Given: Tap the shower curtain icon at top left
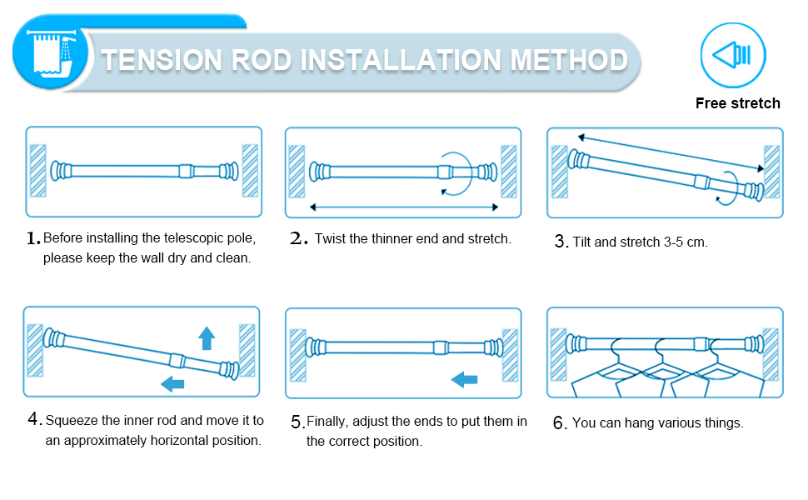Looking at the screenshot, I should tap(50, 52).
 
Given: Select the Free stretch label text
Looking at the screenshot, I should tap(738, 103).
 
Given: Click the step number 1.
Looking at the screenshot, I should tap(32, 238).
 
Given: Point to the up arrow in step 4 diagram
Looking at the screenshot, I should tap(207, 337).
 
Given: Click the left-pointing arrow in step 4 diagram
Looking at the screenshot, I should tap(173, 383).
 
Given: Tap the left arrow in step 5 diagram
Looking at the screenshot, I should tap(464, 380).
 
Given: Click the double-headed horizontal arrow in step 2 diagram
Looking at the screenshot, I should tap(403, 206).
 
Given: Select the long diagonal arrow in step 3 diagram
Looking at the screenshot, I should tap(671, 152).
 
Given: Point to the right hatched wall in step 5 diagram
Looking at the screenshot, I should tap(509, 354).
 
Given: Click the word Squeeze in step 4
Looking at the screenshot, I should tap(72, 421).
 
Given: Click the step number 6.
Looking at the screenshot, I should tap(560, 423).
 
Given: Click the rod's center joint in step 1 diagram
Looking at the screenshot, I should tap(185, 171).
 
